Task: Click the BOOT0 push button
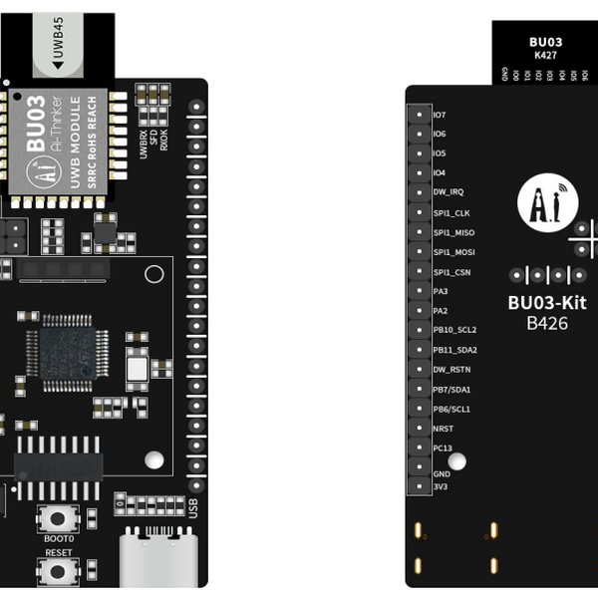[60, 519]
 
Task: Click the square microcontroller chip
[68, 351]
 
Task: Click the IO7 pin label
[440, 115]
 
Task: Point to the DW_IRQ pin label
[448, 192]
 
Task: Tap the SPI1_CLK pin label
[451, 212]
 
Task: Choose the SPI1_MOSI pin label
[453, 251]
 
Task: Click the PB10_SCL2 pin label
[454, 330]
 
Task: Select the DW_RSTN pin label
[450, 369]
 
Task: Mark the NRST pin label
[444, 428]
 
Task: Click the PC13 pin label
[444, 448]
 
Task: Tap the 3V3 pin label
[441, 486]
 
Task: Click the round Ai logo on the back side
[547, 203]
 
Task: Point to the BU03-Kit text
[547, 303]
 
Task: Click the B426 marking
[547, 324]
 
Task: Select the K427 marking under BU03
[545, 56]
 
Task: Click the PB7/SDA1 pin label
[452, 389]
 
